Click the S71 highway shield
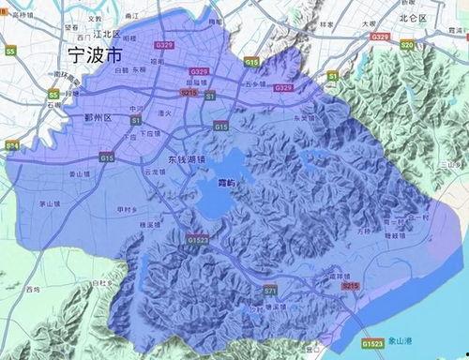click(x=269, y=292)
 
